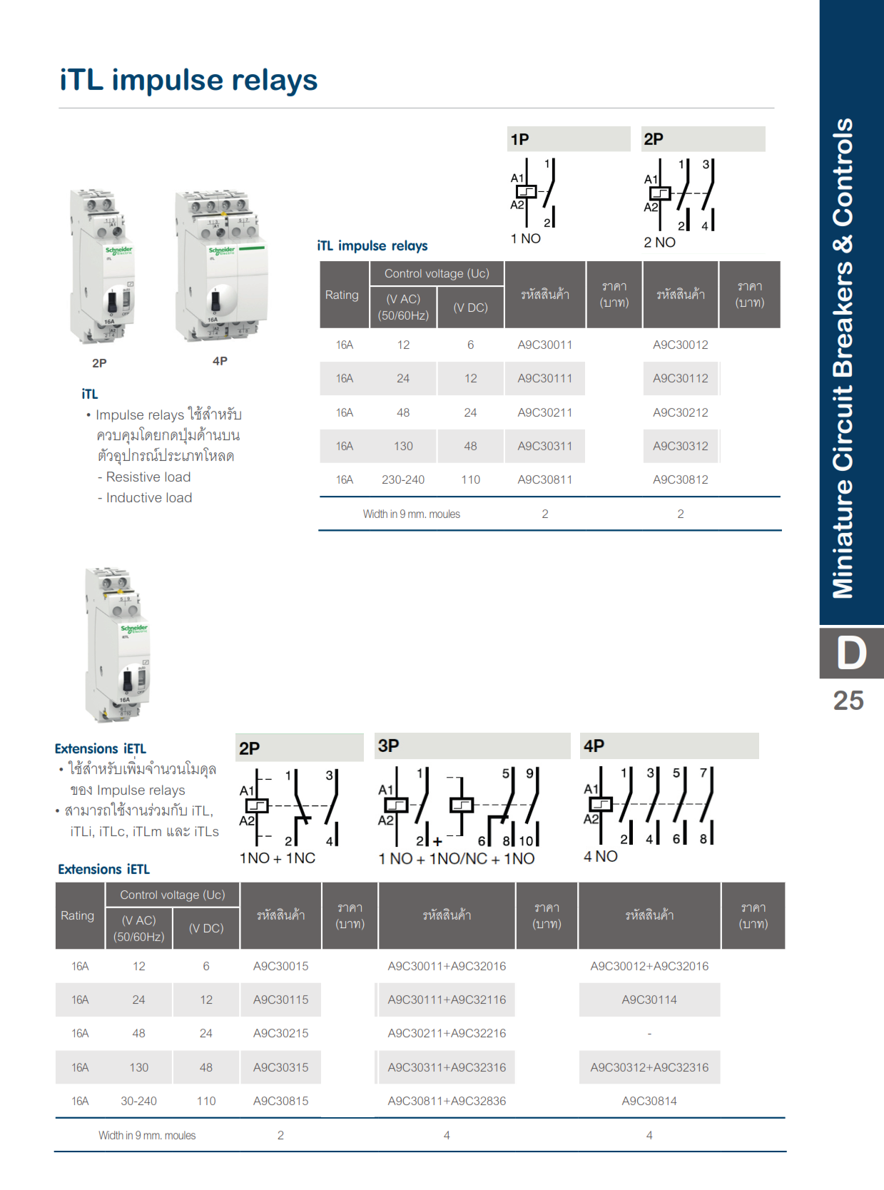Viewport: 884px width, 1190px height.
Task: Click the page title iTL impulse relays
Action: (188, 80)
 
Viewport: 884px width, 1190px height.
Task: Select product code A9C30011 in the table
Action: (544, 345)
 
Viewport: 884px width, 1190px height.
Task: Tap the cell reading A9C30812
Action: (680, 479)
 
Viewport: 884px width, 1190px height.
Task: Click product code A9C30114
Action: (649, 1000)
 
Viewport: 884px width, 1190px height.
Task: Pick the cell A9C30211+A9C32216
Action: (447, 1033)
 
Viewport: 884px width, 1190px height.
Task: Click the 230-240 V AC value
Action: (403, 479)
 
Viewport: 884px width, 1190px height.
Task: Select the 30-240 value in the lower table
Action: (138, 1101)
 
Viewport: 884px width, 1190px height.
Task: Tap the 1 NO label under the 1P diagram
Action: (525, 238)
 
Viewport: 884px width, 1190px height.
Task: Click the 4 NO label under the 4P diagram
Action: (600, 856)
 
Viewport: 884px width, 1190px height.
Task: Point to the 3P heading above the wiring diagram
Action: (388, 746)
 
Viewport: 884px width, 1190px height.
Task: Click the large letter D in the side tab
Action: (850, 653)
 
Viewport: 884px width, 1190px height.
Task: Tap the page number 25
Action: (848, 701)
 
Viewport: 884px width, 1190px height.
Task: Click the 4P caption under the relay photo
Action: (220, 361)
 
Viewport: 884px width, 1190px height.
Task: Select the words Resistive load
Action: (148, 477)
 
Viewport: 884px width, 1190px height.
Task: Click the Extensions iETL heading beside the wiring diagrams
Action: (100, 748)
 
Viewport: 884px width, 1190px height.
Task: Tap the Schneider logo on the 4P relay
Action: (221, 250)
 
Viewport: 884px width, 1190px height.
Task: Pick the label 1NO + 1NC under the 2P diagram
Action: (277, 858)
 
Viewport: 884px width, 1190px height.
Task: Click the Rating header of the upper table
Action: (342, 295)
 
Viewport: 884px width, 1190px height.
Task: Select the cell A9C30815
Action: (280, 1101)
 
